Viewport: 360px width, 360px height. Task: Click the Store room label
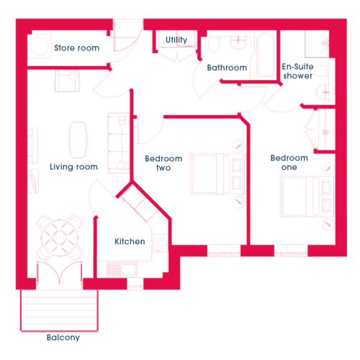(x=77, y=48)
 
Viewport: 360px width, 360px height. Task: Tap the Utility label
(x=176, y=40)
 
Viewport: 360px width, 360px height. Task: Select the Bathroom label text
(x=227, y=68)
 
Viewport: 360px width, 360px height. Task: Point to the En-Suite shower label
(x=297, y=71)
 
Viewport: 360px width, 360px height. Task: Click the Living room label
(x=73, y=167)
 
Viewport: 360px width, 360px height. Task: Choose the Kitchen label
(x=130, y=241)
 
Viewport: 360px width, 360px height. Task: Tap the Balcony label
(x=63, y=338)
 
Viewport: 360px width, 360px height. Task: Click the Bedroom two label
(x=163, y=163)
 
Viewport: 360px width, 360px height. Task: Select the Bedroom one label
(x=289, y=163)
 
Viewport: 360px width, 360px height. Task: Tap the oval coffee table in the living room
(x=78, y=140)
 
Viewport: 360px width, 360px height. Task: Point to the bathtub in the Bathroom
(x=266, y=55)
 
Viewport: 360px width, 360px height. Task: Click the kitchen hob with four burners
(x=161, y=243)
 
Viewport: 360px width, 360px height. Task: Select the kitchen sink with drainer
(x=122, y=269)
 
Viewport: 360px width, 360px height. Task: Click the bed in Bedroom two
(x=218, y=174)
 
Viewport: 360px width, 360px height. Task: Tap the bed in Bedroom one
(x=307, y=197)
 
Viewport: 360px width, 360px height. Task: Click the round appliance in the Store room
(x=40, y=47)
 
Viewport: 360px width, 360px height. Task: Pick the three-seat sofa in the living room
(x=119, y=143)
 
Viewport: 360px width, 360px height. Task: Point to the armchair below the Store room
(x=67, y=81)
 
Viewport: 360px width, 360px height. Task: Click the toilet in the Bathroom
(x=215, y=44)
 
